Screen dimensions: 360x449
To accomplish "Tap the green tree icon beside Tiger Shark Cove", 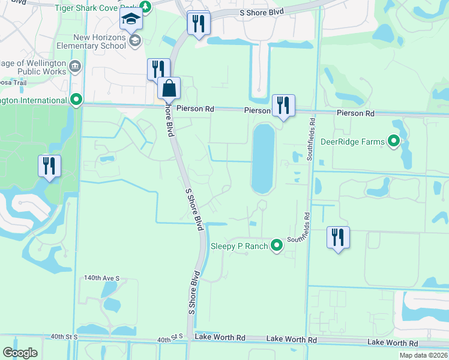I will (145, 8).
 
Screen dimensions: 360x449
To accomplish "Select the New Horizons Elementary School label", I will (92, 41).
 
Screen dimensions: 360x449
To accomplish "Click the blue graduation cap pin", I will (131, 20).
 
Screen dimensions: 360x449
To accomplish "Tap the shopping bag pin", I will (169, 88).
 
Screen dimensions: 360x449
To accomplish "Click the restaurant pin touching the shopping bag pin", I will (158, 68).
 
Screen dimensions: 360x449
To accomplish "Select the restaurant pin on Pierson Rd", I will (283, 106).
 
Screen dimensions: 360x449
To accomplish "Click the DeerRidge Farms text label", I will (352, 142).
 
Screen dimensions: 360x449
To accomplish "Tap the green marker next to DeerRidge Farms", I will (394, 142).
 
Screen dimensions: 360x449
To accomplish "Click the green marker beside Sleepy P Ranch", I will (276, 245).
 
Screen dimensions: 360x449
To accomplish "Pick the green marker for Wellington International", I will (76, 100).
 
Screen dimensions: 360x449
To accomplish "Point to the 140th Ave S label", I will (102, 278).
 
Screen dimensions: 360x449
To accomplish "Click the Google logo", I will (20, 353).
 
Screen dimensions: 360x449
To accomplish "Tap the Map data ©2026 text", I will (423, 355).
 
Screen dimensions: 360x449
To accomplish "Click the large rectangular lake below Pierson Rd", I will (263, 158).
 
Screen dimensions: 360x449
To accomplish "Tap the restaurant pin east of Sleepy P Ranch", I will (338, 237).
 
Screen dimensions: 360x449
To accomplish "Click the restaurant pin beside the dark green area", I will (49, 166).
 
